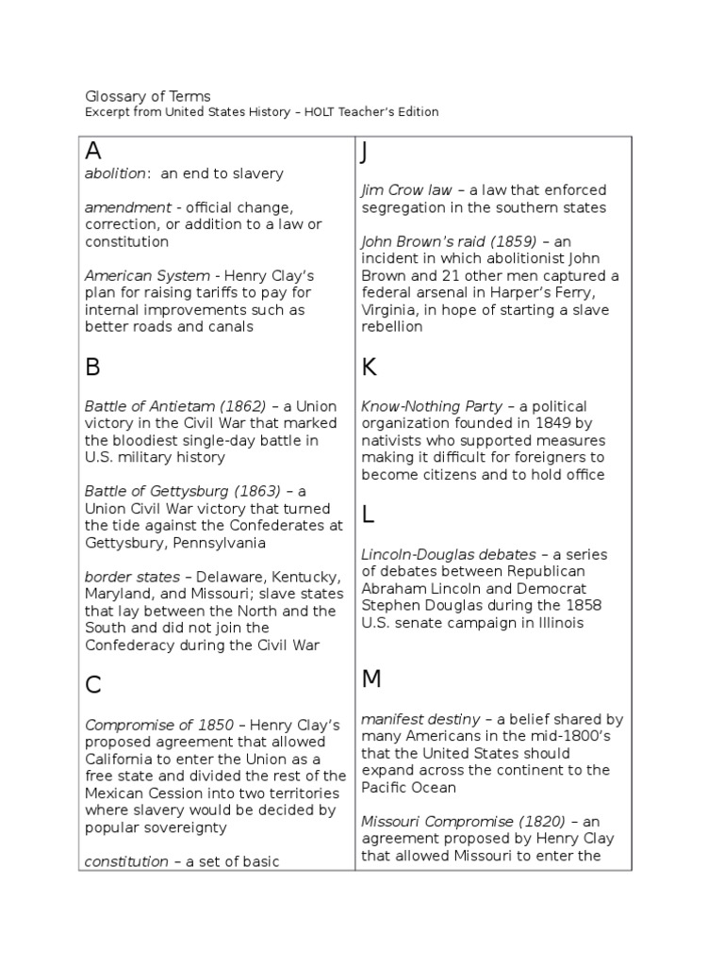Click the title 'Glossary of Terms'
pyautogui.click(x=148, y=96)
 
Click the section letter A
pyautogui.click(x=93, y=151)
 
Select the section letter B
pyautogui.click(x=92, y=367)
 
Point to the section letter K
pyautogui.click(x=369, y=367)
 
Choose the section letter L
pyautogui.click(x=368, y=514)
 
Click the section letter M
pyautogui.click(x=371, y=679)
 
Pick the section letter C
pyautogui.click(x=93, y=685)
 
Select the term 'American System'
pyautogui.click(x=147, y=276)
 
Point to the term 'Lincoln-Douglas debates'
pyautogui.click(x=448, y=554)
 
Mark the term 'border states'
pyautogui.click(x=132, y=576)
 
